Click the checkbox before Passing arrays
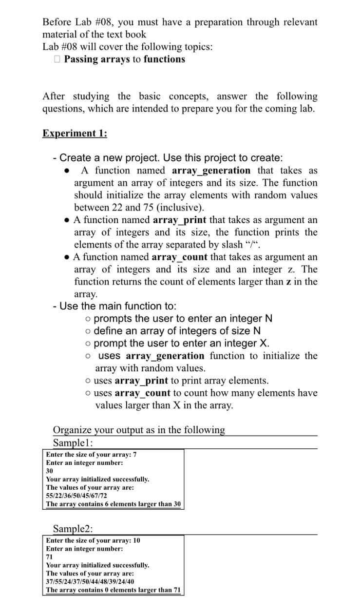pos(57,59)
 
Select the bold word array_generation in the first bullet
pos(211,171)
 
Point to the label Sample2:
pos(74,529)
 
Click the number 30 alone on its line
pos(49,471)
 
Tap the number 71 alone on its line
pos(49,557)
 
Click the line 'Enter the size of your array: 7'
pos(91,454)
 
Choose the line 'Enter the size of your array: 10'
pos(93,540)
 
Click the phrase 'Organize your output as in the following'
pos(139,430)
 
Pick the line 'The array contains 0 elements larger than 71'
pos(113,590)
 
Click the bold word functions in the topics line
pos(164,59)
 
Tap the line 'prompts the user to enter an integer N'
pos(183,319)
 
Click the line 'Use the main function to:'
pos(118,306)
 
